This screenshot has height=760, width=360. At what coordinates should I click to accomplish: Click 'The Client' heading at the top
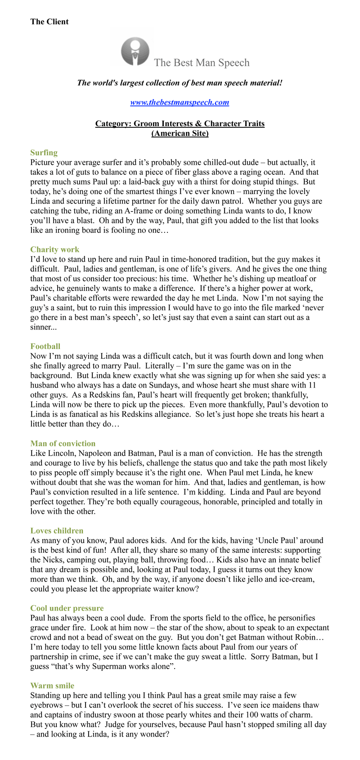click(49, 22)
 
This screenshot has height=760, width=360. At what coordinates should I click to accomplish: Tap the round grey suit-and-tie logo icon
click(135, 52)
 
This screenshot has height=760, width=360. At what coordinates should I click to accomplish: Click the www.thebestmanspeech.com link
click(180, 102)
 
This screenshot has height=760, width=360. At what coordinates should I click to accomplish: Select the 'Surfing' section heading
click(44, 153)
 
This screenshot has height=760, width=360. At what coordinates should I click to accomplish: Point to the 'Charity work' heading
click(54, 249)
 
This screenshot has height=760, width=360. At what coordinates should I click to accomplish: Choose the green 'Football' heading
click(45, 346)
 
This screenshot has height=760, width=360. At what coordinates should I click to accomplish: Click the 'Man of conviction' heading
click(63, 443)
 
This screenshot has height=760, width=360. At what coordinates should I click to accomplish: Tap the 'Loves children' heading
click(57, 531)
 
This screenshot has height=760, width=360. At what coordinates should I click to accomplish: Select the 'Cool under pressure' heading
click(67, 608)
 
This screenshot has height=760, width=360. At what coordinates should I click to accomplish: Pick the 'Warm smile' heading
click(52, 686)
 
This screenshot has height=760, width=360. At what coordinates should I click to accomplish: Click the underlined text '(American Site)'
click(180, 133)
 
